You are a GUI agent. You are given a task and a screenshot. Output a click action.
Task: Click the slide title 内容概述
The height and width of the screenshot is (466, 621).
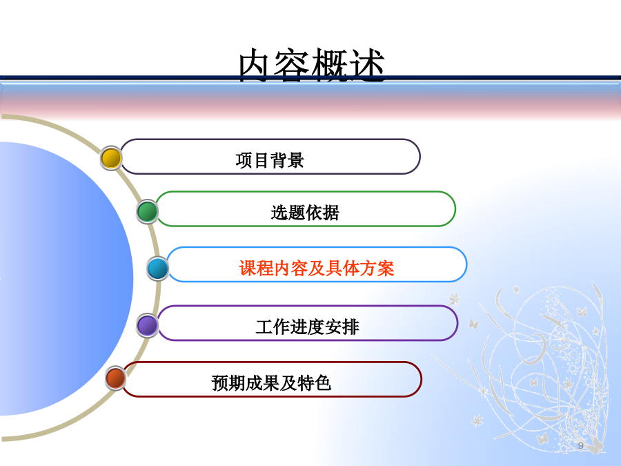(x=312, y=66)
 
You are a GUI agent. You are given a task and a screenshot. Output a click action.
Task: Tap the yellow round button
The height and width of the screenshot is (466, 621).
(x=111, y=158)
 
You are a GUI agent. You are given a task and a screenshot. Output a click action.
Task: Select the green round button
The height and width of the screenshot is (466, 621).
(x=148, y=212)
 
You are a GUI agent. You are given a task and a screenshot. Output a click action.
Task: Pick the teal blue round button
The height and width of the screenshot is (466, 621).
(x=157, y=269)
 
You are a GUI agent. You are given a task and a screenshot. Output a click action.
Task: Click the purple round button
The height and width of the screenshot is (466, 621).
(x=148, y=325)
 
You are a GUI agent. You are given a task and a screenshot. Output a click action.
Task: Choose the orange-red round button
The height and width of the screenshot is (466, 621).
(x=116, y=378)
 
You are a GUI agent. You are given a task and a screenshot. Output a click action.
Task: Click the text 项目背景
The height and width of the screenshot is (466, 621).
(x=270, y=160)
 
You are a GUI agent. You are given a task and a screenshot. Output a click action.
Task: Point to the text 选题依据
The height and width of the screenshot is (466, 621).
(x=305, y=213)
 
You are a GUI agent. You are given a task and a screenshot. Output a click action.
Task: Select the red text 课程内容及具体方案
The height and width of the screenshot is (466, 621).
(x=317, y=269)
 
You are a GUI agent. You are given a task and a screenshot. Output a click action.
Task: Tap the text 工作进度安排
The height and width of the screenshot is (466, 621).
(x=307, y=327)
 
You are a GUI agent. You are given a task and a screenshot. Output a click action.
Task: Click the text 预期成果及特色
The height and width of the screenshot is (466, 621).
(x=271, y=383)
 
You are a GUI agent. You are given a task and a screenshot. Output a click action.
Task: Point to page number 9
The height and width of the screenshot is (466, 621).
(x=580, y=445)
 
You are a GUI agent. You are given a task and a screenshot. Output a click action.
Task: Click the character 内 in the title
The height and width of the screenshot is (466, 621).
(x=255, y=66)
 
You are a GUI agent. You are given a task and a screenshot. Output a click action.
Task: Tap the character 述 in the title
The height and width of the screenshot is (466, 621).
(x=368, y=66)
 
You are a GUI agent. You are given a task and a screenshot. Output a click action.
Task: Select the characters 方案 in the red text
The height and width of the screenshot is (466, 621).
(x=377, y=269)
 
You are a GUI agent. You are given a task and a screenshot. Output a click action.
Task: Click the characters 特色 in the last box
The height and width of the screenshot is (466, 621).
(x=315, y=383)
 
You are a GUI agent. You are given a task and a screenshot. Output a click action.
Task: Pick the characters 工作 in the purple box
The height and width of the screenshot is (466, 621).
(x=273, y=327)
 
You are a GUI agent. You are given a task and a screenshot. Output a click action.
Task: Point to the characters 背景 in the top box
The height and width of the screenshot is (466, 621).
(x=287, y=160)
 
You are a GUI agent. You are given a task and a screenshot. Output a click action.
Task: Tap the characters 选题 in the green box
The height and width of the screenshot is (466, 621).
(x=288, y=213)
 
